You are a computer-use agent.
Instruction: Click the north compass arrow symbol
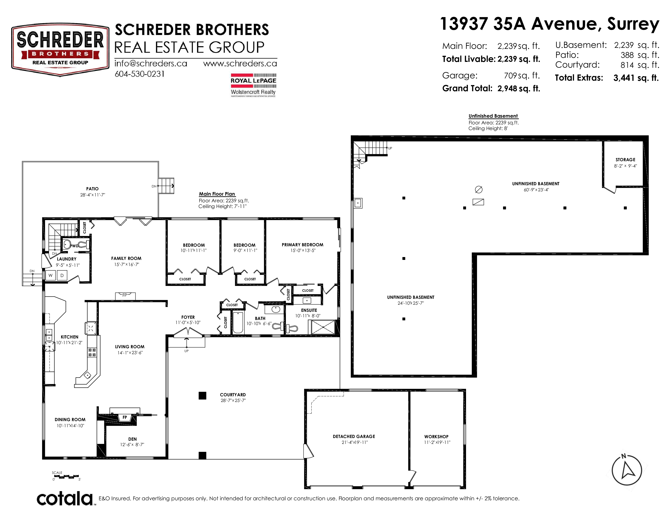(627, 470)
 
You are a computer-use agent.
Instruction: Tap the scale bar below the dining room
(66, 477)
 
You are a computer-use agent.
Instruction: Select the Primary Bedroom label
(302, 245)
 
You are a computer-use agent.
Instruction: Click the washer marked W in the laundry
(51, 276)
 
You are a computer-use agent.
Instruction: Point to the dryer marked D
(62, 276)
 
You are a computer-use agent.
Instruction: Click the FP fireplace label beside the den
(125, 417)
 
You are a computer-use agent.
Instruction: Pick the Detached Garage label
(354, 436)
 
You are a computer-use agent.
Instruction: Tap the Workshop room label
(436, 437)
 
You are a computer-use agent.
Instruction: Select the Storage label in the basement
(625, 160)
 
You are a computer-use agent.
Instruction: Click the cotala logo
(65, 498)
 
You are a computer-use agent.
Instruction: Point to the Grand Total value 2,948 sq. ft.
(519, 89)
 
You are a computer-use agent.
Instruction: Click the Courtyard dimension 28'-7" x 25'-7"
(233, 400)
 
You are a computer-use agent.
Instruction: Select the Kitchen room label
(69, 337)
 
